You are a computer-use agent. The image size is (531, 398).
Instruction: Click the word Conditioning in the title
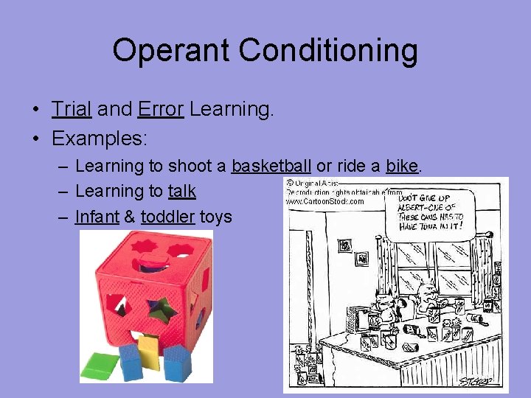pyautogui.click(x=328, y=52)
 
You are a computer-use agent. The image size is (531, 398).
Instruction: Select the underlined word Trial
pyautogui.click(x=72, y=110)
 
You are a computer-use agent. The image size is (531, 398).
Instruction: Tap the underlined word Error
pyautogui.click(x=160, y=110)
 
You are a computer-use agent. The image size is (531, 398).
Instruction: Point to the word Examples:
pyautogui.click(x=100, y=138)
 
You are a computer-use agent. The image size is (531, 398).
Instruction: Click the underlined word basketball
pyautogui.click(x=271, y=166)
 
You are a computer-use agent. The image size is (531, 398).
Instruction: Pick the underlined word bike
pyautogui.click(x=402, y=166)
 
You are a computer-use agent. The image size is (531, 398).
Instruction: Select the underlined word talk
pyautogui.click(x=181, y=191)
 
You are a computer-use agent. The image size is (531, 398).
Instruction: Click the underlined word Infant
pyautogui.click(x=95, y=217)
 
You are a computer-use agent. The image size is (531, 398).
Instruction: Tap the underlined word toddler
pyautogui.click(x=167, y=217)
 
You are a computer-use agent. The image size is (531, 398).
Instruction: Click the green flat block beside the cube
pyautogui.click(x=99, y=364)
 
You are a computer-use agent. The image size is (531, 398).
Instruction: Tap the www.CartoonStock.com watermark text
pyautogui.click(x=324, y=201)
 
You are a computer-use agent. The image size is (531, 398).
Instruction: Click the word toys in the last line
pyautogui.click(x=215, y=217)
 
